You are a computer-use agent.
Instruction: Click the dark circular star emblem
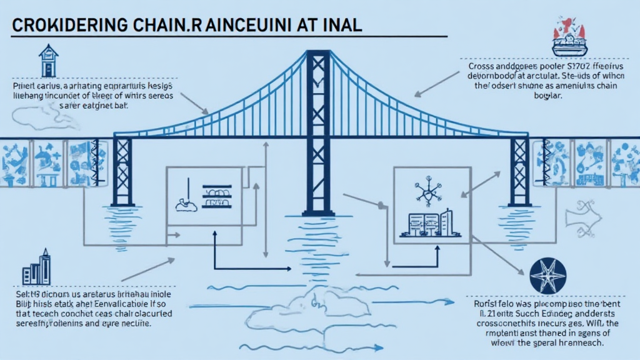click(547, 276)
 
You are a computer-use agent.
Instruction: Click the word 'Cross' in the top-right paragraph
click(482, 66)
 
